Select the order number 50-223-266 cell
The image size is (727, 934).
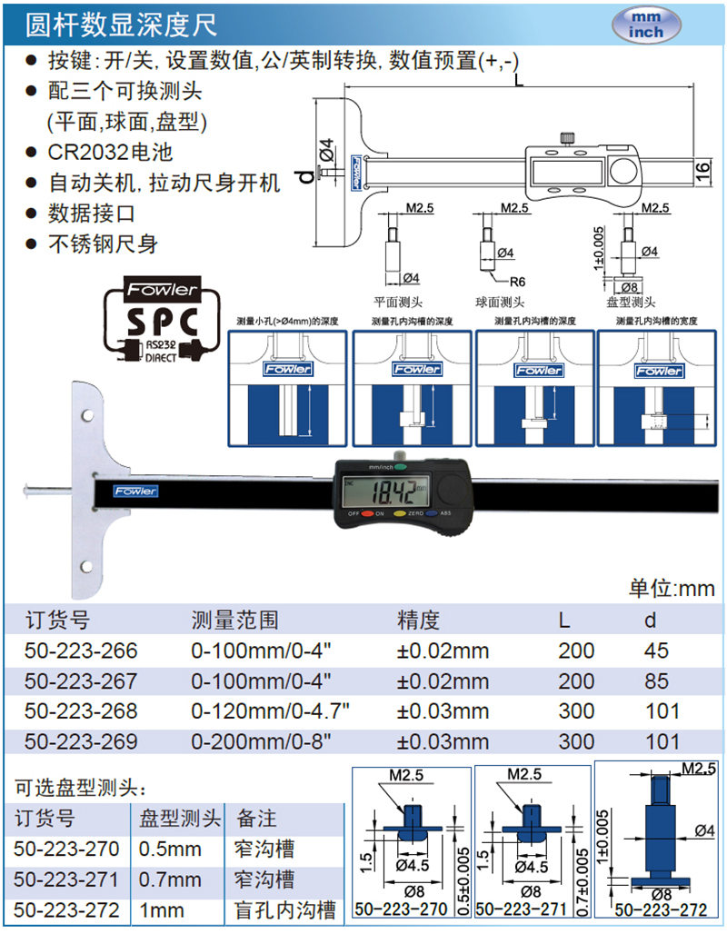click(82, 651)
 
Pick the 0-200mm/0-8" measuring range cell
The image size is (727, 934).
click(258, 741)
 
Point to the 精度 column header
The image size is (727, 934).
click(418, 620)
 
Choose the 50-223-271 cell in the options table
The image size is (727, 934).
click(67, 879)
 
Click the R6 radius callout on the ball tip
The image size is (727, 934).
click(518, 282)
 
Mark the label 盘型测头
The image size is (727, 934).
click(632, 303)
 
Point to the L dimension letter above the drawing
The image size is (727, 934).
click(517, 81)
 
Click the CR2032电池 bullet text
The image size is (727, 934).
click(110, 152)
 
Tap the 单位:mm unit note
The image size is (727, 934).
click(672, 589)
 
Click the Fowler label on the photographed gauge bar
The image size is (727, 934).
click(135, 492)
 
